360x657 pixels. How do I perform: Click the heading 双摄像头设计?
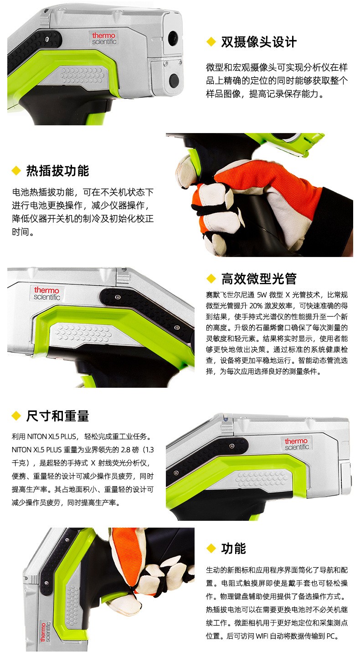[259, 42]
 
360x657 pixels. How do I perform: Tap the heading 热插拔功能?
[57, 171]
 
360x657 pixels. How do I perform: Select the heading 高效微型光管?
[259, 279]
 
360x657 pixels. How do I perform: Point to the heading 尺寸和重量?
[57, 416]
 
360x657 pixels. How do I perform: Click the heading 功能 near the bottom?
[234, 549]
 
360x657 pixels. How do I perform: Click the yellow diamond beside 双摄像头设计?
[211, 42]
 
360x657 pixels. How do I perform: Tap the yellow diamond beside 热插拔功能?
[16, 171]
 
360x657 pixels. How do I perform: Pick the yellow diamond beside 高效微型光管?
[211, 279]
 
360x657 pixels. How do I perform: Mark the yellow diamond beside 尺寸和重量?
[16, 416]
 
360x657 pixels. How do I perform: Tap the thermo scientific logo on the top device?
[104, 38]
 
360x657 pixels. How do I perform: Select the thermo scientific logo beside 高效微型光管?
[47, 293]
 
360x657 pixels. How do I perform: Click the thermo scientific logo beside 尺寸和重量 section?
[297, 444]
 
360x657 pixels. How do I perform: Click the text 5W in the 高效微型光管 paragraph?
[262, 295]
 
